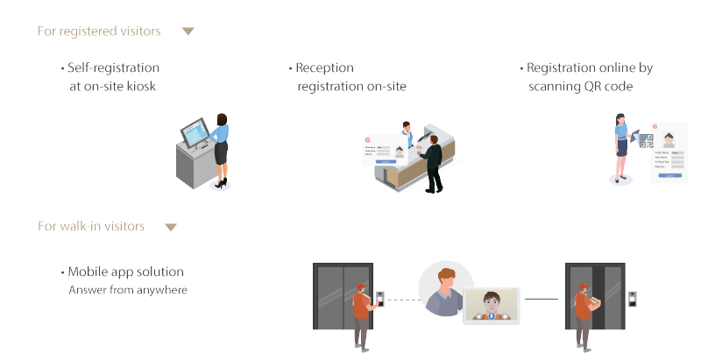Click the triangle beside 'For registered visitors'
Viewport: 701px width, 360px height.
(x=188, y=32)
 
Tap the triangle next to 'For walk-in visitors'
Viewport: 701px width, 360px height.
(x=171, y=228)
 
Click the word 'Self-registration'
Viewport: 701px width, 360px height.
(x=113, y=67)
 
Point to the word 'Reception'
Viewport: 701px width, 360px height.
(x=324, y=67)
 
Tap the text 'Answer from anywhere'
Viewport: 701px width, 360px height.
(x=128, y=290)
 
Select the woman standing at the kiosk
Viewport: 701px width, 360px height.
(x=221, y=149)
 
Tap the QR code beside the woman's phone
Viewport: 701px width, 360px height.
(x=646, y=139)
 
